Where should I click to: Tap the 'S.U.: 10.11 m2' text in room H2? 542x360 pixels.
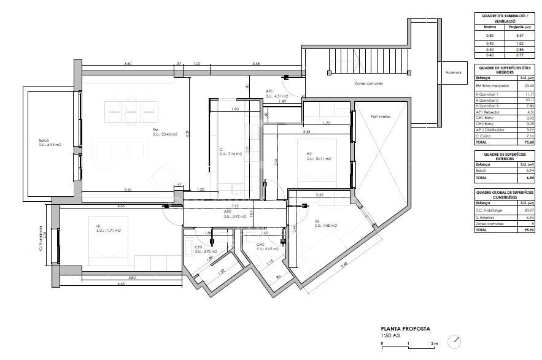[319, 158]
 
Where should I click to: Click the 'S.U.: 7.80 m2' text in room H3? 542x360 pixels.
[326, 225]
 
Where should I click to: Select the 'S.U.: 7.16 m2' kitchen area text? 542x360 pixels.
[231, 154]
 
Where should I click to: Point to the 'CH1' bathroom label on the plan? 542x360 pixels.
[199, 247]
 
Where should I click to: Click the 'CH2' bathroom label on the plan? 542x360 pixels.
[260, 245]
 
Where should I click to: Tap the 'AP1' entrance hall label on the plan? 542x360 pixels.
[269, 91]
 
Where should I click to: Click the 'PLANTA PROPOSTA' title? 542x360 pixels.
[405, 329]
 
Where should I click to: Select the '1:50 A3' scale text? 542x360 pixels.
[390, 335]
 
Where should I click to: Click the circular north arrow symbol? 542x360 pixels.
[454, 341]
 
